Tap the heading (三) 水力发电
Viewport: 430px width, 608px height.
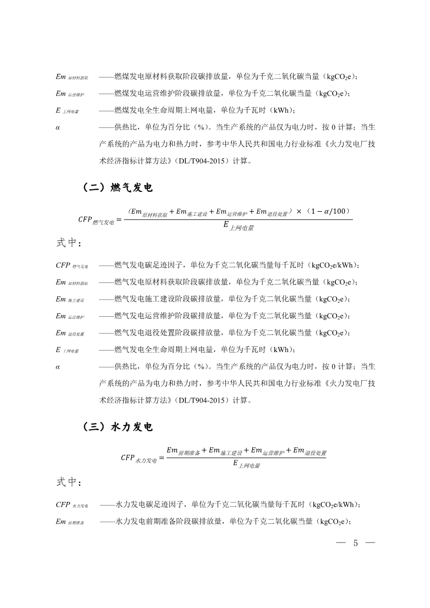tap(118, 427)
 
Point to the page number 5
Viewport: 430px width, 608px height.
tap(356, 544)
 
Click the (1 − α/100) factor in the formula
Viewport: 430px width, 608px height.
tap(329, 211)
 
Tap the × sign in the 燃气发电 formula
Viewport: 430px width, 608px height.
tap(299, 211)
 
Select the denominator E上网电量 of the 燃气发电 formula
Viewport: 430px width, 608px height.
tap(239, 226)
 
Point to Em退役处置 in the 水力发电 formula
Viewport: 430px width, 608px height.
tap(309, 451)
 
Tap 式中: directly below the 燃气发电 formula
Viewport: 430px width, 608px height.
tap(68, 243)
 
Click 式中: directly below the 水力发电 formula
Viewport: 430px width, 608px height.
tap(68, 482)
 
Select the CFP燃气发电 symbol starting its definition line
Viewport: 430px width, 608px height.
tap(72, 265)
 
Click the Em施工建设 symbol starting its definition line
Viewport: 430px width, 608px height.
tap(70, 299)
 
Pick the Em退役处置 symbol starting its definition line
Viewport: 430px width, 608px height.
tap(70, 333)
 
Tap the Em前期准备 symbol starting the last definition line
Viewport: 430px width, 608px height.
tap(70, 521)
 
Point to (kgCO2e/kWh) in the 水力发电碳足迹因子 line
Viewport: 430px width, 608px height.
tap(334, 504)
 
